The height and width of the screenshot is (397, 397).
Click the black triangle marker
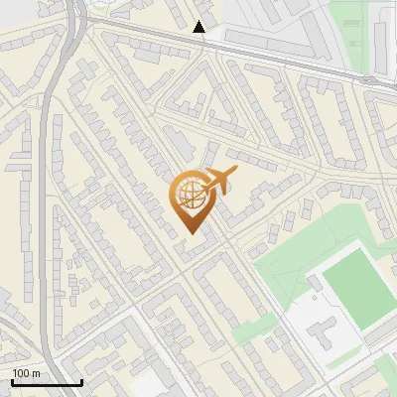pos(199,27)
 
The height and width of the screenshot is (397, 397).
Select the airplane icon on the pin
pos(218,181)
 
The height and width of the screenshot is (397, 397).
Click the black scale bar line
pos(47,382)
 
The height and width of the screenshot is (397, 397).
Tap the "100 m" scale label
pos(27,373)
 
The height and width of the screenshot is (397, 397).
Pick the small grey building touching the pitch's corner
pos(316,285)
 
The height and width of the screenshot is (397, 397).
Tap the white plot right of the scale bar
pos(149,384)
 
